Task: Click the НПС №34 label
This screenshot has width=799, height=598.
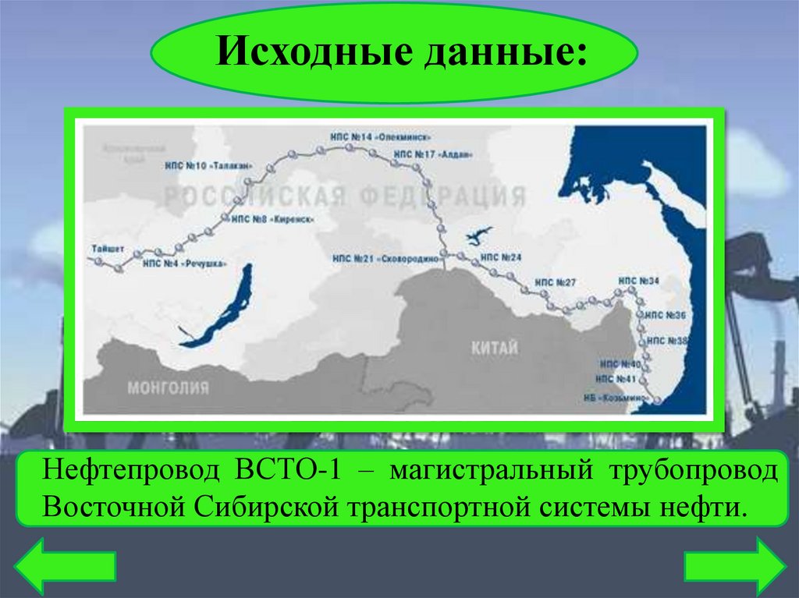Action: point(638,280)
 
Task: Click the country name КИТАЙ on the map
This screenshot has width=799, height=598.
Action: point(494,349)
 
